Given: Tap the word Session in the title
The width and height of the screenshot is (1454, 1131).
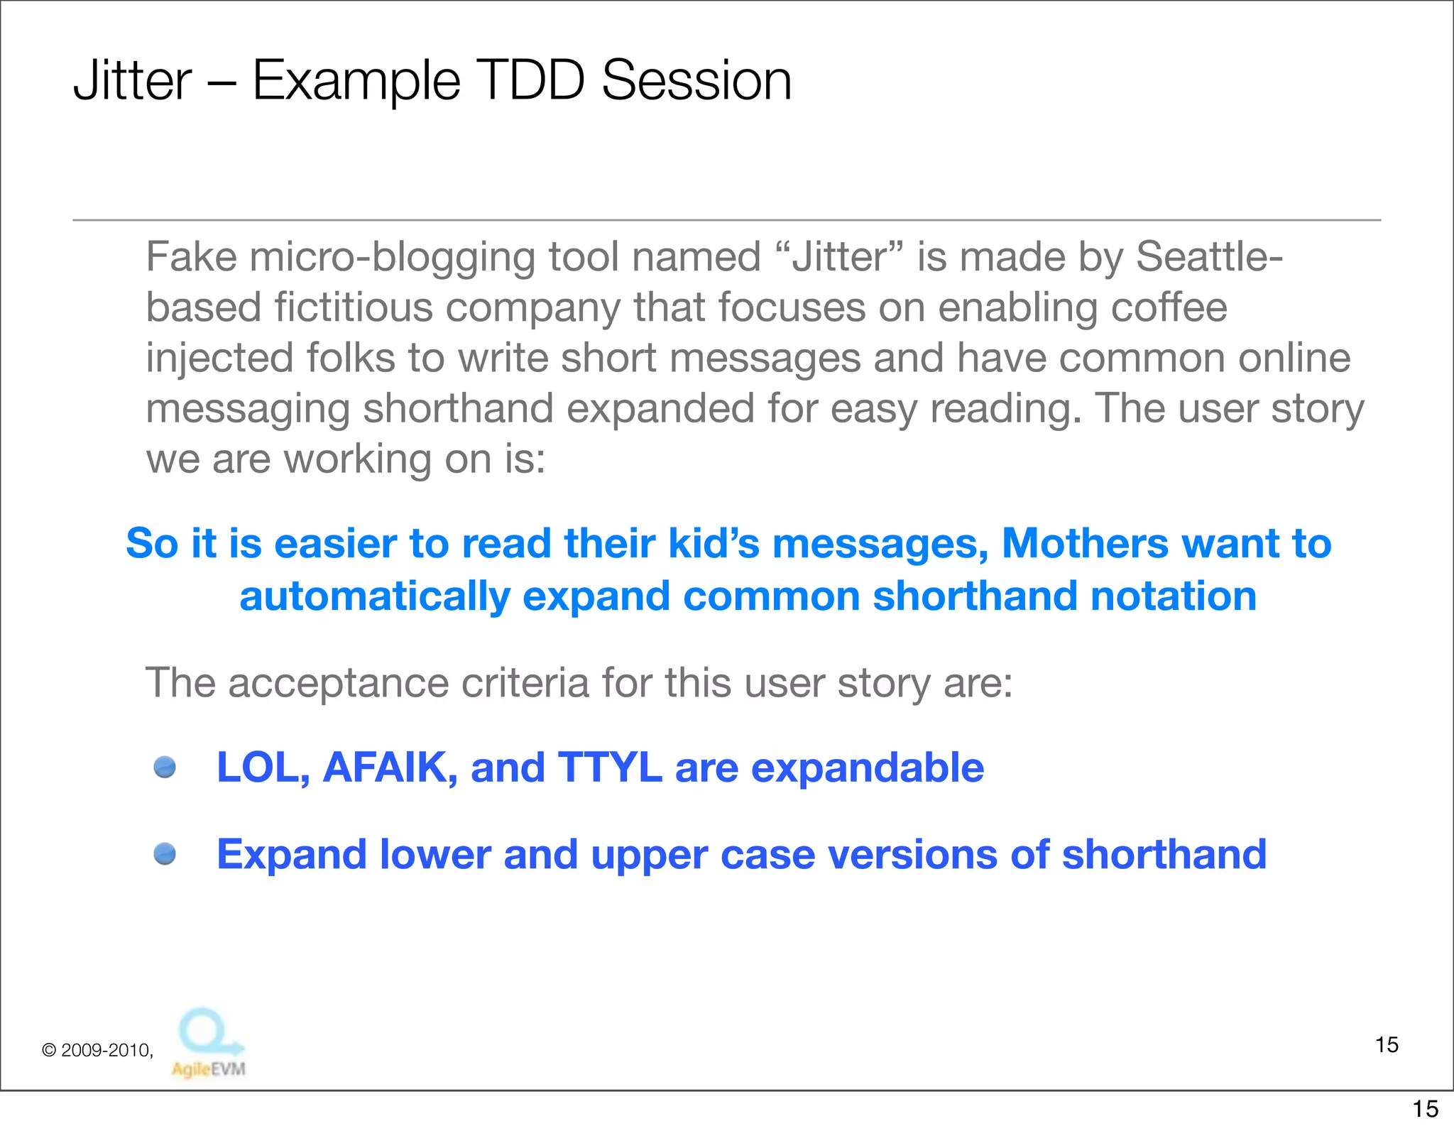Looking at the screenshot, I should (696, 80).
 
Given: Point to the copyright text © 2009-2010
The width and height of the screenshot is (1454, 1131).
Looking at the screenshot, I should (97, 1050).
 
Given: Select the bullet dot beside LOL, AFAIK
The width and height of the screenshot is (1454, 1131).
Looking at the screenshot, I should (165, 767).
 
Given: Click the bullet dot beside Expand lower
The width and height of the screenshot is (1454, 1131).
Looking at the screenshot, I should (165, 853).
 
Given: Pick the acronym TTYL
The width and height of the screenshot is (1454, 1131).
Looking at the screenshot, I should (610, 767).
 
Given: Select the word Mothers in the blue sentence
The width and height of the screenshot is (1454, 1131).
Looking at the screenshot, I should (1084, 544).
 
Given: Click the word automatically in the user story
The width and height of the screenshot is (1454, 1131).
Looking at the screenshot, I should (375, 596).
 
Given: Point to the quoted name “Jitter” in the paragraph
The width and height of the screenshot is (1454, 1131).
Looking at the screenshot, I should (840, 256).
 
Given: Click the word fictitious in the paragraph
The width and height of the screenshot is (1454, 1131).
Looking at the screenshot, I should (354, 307).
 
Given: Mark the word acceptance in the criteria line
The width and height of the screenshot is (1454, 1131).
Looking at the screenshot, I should (339, 683).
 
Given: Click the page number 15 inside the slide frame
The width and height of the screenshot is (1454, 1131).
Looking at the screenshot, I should (1387, 1044).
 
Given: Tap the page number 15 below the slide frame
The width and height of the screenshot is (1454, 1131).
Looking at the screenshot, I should (1425, 1108).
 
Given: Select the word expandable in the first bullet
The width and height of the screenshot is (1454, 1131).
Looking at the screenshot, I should (867, 767).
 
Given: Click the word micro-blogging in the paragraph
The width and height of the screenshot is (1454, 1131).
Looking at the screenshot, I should (393, 258).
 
